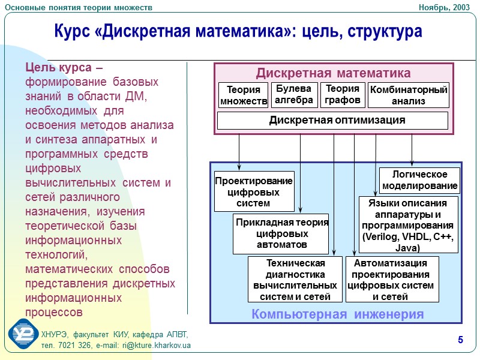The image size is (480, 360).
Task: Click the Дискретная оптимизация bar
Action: coord(332,121)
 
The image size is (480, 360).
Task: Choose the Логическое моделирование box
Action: coord(420,180)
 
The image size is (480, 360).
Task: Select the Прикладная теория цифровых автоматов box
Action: coord(281,233)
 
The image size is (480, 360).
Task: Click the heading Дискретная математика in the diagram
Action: coord(333,73)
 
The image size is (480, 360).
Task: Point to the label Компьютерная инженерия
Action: coord(337,314)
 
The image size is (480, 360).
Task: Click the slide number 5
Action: coord(460,341)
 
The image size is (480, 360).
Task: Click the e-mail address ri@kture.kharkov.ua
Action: coord(156,346)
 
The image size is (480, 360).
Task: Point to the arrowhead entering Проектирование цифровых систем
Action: coord(239,168)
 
